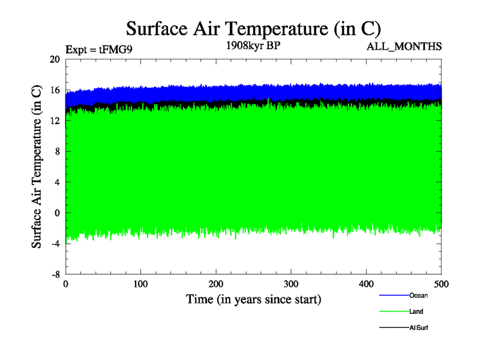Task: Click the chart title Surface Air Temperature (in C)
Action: coord(253,28)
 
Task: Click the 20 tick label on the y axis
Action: coord(55,59)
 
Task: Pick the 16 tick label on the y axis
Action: coord(55,90)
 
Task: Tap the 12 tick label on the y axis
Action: coord(55,121)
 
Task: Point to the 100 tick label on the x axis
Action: coord(141,284)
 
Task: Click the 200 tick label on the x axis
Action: coord(216,284)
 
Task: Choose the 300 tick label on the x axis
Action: coord(291,284)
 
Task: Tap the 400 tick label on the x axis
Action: coord(367,284)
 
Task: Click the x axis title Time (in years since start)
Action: coord(253,299)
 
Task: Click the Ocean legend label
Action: coord(418,295)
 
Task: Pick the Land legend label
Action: coord(416,311)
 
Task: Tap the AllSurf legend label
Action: coord(419,328)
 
